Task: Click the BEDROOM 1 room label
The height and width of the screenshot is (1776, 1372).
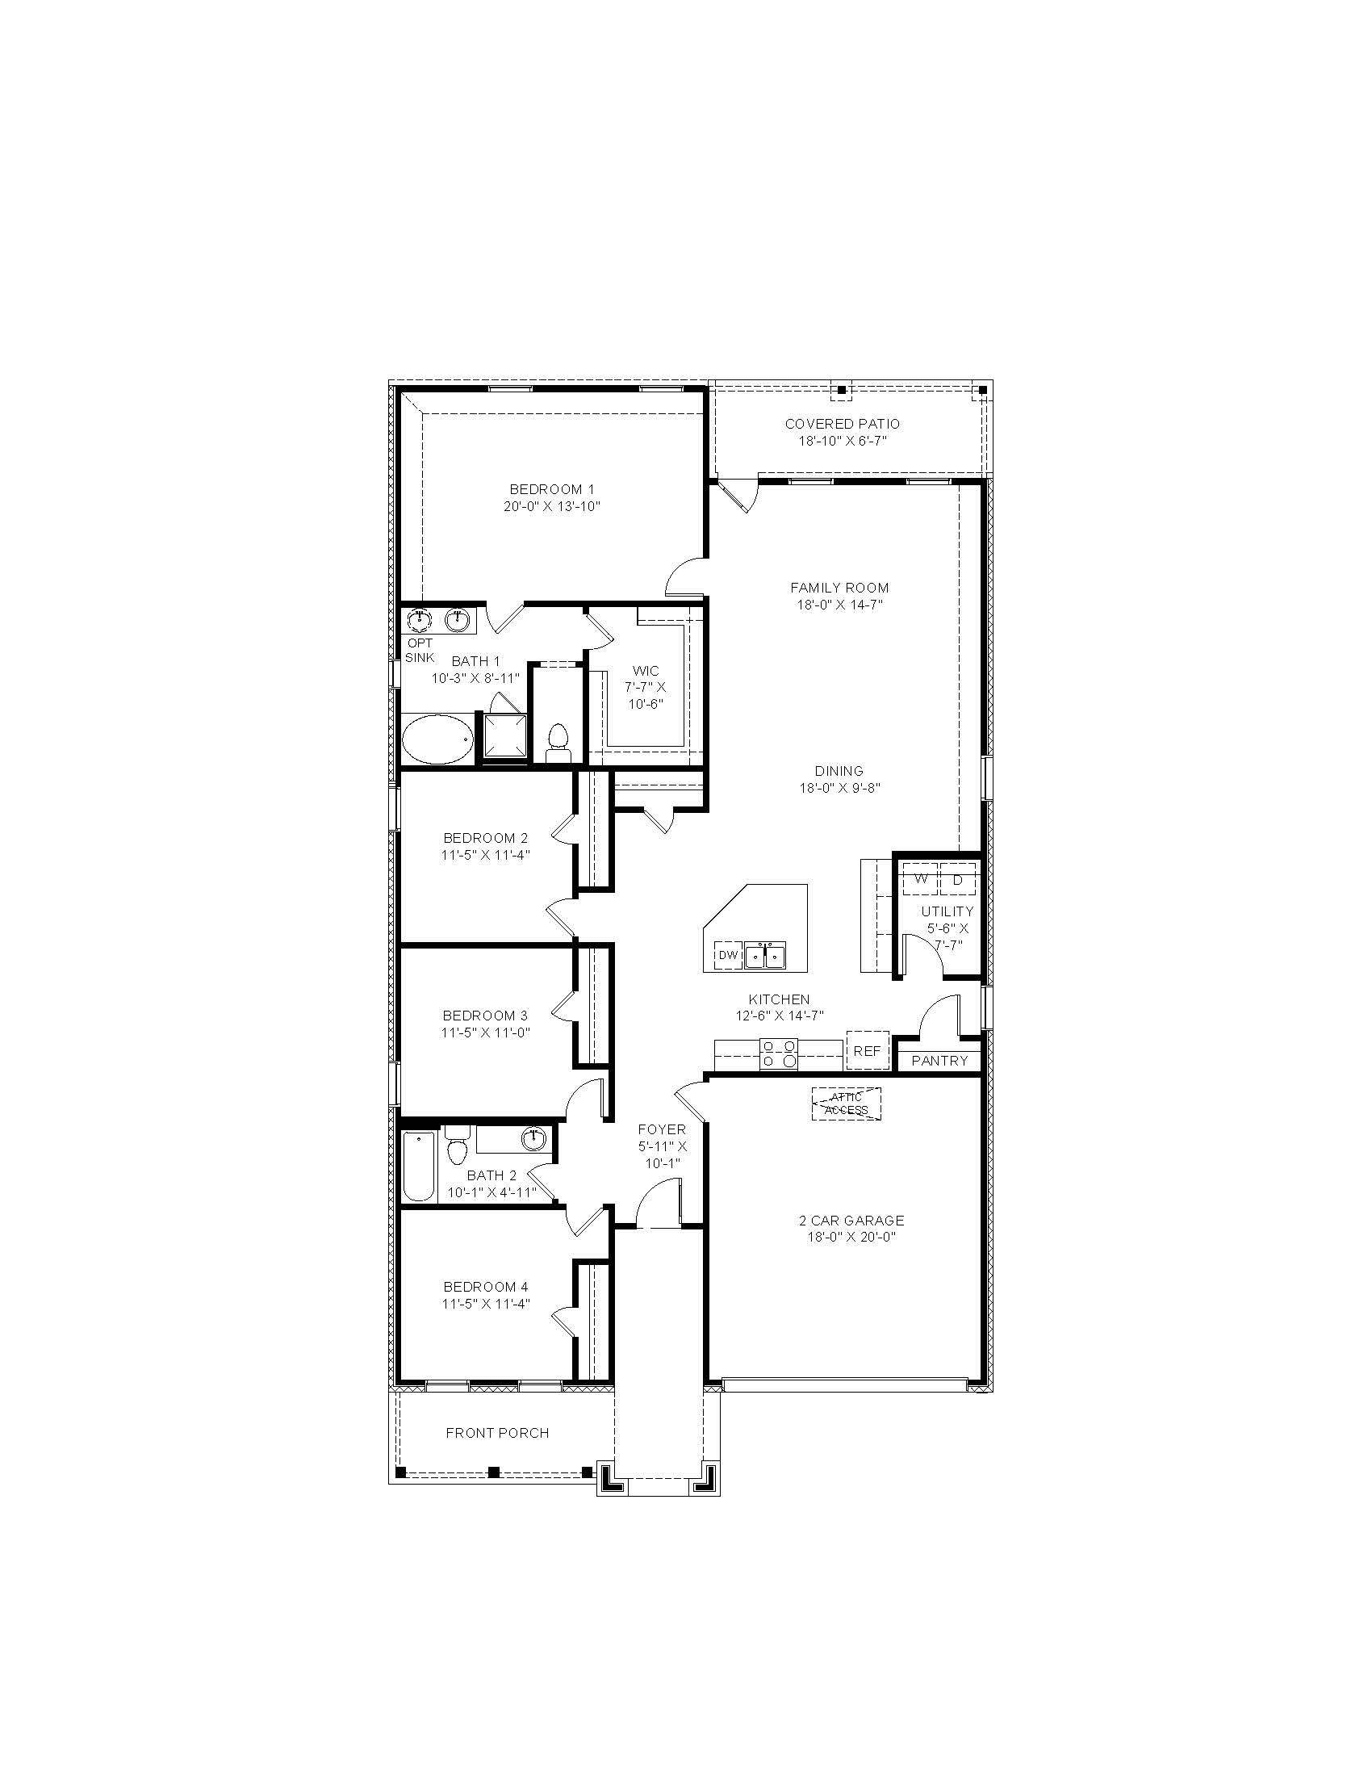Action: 551,488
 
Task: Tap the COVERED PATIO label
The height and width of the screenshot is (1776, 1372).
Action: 842,424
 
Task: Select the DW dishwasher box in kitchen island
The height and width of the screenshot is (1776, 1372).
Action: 728,955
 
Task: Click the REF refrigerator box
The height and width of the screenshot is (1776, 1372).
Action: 867,1050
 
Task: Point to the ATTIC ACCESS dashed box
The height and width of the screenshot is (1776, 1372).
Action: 846,1104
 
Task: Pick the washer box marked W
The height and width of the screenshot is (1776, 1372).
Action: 921,879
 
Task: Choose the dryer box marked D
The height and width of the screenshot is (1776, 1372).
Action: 957,879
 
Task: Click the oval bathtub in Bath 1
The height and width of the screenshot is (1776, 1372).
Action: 437,739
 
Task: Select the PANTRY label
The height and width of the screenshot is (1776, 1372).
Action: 939,1061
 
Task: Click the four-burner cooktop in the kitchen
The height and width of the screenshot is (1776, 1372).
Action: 778,1053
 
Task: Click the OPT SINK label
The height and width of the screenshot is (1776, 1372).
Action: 420,650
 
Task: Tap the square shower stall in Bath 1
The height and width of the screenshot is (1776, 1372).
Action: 504,736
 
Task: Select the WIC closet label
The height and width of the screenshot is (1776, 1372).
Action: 646,671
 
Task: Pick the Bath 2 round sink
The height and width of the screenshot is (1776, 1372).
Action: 533,1138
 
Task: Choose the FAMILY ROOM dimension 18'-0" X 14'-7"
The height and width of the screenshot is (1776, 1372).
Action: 839,604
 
